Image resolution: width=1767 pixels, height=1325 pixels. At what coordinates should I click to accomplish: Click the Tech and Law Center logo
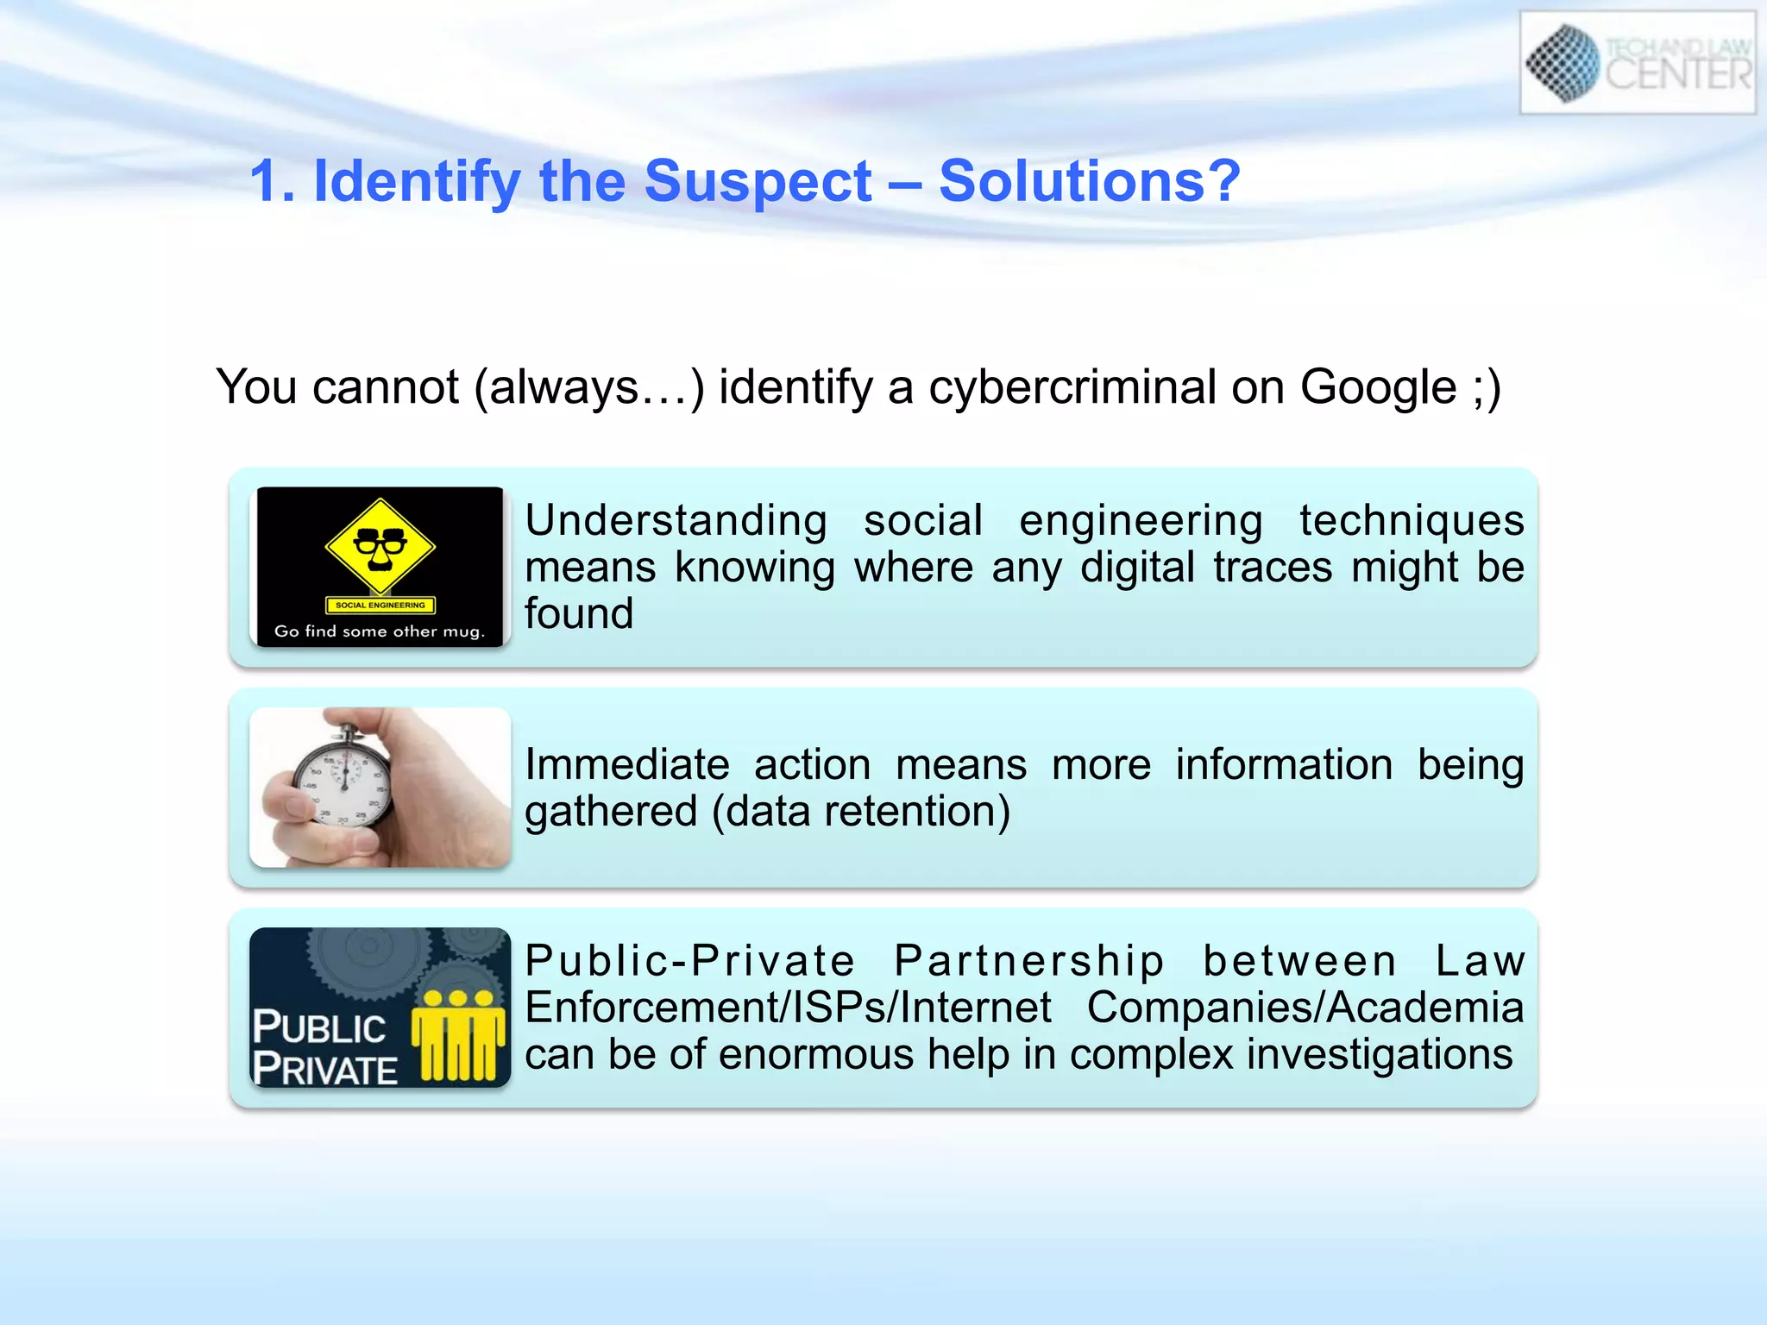(x=1637, y=63)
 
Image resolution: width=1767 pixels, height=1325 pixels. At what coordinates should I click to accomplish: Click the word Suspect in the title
(x=758, y=182)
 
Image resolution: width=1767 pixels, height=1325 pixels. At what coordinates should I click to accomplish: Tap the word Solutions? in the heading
(x=1089, y=182)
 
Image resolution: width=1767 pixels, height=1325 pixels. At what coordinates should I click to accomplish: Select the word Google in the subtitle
(x=1378, y=387)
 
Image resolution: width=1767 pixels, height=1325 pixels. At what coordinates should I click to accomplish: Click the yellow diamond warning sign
(x=380, y=546)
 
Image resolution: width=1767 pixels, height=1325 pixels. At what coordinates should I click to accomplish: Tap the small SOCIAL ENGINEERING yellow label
(x=380, y=605)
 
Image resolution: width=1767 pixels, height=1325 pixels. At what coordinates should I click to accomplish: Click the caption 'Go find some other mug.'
(x=379, y=631)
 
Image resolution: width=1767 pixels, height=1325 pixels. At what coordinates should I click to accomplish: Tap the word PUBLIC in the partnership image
(x=319, y=1027)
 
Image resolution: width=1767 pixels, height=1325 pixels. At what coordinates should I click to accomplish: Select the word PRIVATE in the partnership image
(x=325, y=1070)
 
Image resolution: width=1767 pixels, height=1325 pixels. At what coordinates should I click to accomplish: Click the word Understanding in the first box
(x=676, y=521)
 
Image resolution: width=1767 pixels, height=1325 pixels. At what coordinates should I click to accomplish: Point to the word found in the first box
(x=579, y=614)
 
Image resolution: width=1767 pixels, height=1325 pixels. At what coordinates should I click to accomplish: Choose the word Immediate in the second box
(x=627, y=765)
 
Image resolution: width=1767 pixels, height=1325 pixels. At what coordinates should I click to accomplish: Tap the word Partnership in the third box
(x=1028, y=961)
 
